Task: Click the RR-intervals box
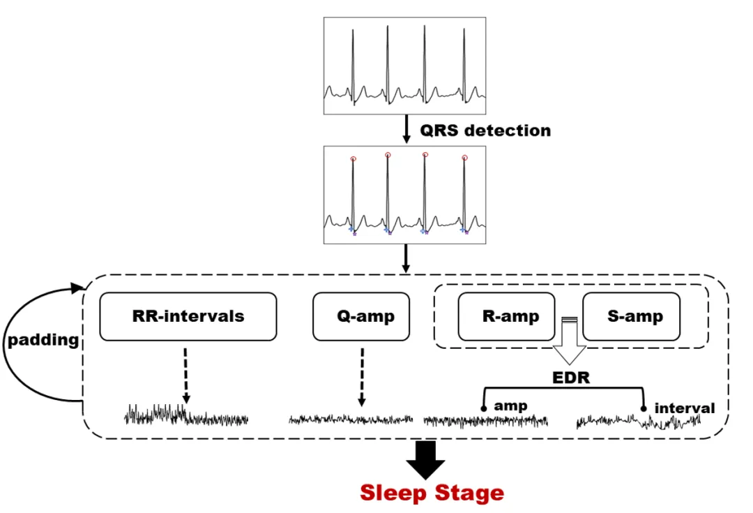tap(188, 316)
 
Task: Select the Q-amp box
tap(361, 316)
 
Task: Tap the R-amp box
tap(506, 316)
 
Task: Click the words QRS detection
tap(485, 131)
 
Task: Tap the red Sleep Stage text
tap(432, 493)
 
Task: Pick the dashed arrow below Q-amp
tap(361, 377)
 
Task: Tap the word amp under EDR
tap(510, 405)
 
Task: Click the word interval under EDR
tap(685, 408)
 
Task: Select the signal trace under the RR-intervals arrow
tap(186, 416)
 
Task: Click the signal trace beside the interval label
tap(638, 421)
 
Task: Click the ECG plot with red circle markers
tap(404, 195)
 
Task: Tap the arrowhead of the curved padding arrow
tap(78, 286)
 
